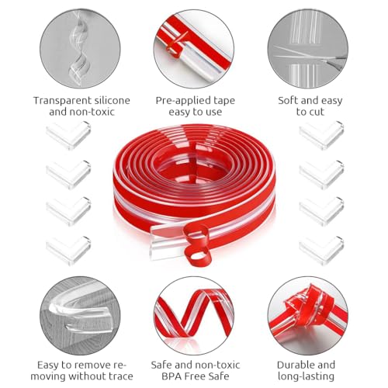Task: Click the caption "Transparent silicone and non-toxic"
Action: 81,106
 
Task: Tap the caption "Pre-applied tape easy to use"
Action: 195,106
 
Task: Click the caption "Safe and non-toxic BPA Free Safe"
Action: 195,370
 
